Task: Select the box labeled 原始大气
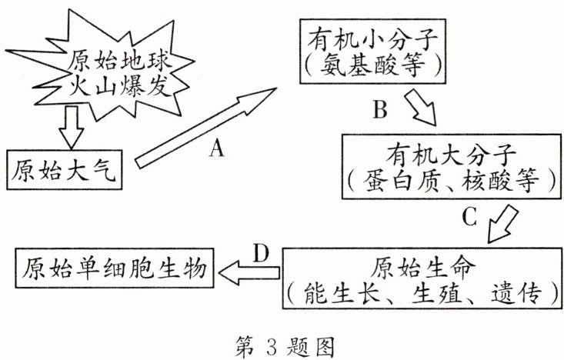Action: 64,168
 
